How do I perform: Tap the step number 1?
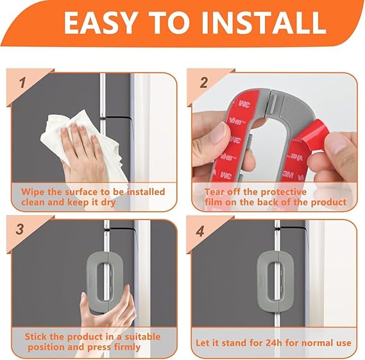[x=22, y=83]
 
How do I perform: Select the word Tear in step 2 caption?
[x=216, y=192]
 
